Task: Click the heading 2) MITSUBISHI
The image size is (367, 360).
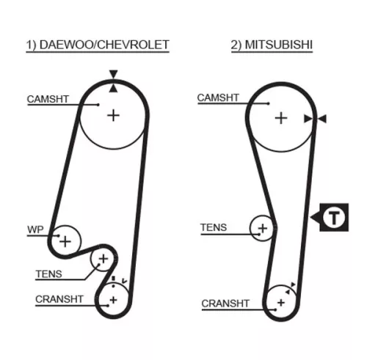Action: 272,45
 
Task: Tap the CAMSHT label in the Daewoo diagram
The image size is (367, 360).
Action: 48,98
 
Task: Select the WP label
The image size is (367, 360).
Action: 36,229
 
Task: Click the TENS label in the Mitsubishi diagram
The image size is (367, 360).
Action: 214,227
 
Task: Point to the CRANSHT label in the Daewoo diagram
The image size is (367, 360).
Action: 59,298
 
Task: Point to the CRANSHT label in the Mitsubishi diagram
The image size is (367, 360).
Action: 225,302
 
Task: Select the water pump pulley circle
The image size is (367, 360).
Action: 66,240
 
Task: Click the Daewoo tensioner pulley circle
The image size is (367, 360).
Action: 103,258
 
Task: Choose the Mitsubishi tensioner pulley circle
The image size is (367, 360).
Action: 262,228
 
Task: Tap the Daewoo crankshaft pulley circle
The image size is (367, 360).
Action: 114,298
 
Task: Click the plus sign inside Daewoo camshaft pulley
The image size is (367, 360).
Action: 112,115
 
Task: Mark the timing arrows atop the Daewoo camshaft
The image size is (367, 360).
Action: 113,81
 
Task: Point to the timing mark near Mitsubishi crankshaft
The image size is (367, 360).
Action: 293,285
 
